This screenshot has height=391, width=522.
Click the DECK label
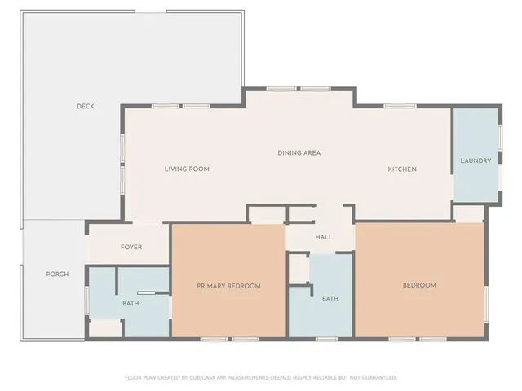pos(86,106)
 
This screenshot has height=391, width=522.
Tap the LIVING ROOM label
pos(187,169)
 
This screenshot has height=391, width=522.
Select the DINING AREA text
pos(299,152)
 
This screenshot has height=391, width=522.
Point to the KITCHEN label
pos(402,169)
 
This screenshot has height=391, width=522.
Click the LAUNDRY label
pos(476,160)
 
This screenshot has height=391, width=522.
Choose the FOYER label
pos(131,247)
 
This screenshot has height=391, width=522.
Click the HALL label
pos(324,237)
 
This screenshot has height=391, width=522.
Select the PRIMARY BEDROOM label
pos(228,286)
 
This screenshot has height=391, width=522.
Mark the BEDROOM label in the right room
pos(420,285)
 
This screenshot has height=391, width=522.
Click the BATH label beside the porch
pos(130,304)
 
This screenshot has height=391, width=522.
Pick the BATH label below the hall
pos(330,299)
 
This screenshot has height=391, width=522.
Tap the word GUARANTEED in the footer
pos(380,378)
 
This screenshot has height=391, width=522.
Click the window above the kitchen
pos(400,106)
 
